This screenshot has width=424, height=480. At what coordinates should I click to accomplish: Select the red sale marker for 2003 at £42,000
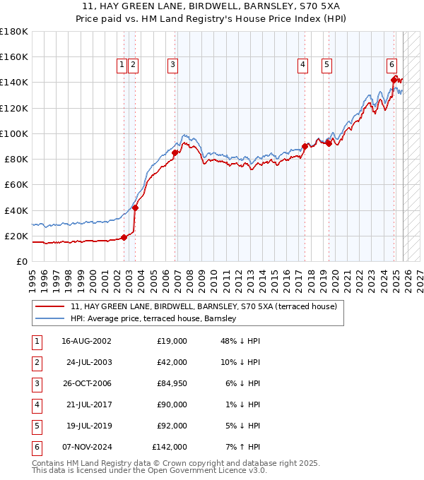pos(135,208)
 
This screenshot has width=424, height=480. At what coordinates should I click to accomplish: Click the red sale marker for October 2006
pos(175,152)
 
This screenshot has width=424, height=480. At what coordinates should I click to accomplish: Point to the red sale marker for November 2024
pos(394,80)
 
